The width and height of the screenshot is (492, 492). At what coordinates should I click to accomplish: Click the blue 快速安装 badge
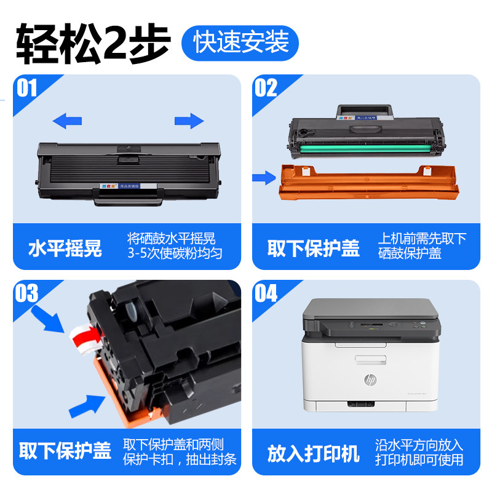(x=240, y=42)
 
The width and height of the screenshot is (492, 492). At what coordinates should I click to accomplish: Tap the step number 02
(x=266, y=89)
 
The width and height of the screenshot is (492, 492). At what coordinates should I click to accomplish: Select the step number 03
(x=28, y=293)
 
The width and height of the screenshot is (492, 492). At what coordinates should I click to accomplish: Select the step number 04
(x=266, y=293)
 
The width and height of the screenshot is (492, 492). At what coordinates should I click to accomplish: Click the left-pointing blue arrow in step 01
(x=67, y=121)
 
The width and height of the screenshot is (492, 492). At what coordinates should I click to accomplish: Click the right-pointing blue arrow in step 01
(x=189, y=121)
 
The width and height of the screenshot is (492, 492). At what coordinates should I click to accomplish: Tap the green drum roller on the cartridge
(x=369, y=148)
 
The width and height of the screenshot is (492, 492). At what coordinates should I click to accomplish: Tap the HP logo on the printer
(x=370, y=381)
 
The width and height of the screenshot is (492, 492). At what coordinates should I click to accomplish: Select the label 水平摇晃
(x=65, y=248)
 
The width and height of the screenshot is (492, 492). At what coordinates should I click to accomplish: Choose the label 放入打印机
(x=313, y=454)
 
